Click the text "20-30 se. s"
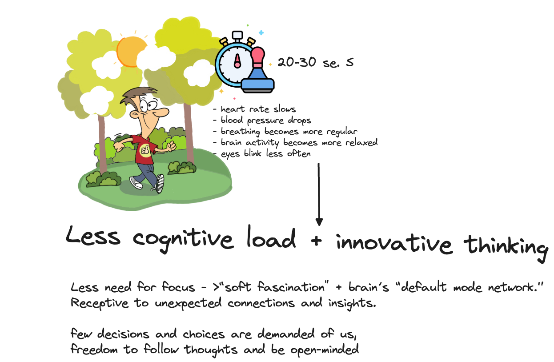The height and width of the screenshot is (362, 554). coord(315,63)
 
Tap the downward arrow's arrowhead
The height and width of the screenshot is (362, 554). coord(319,221)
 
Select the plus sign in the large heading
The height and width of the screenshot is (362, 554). coord(316,240)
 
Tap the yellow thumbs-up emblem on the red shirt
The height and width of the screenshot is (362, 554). coord(145,149)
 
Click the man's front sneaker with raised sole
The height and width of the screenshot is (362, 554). coord(159,184)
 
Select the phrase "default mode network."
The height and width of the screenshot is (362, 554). coord(471,287)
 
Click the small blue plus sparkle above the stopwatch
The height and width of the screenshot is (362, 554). coord(261,32)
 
